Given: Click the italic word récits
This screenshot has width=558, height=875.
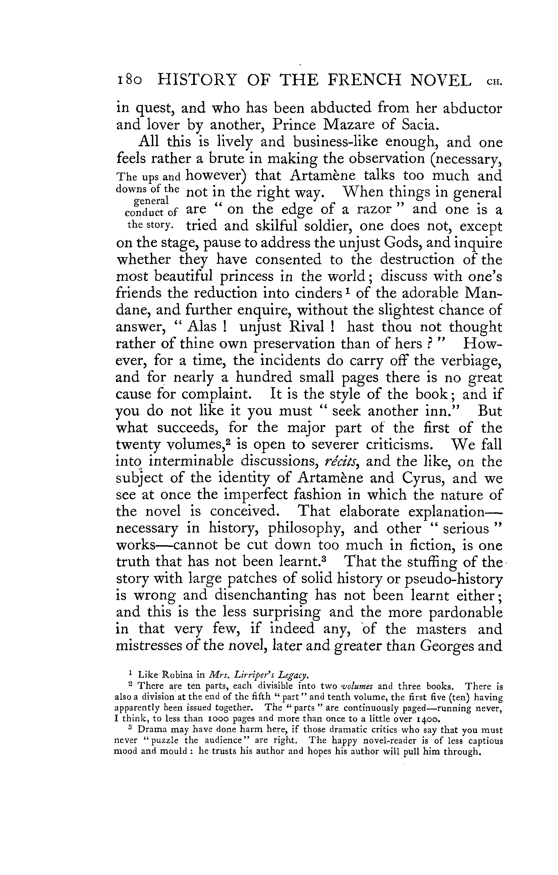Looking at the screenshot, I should click(340, 462).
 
